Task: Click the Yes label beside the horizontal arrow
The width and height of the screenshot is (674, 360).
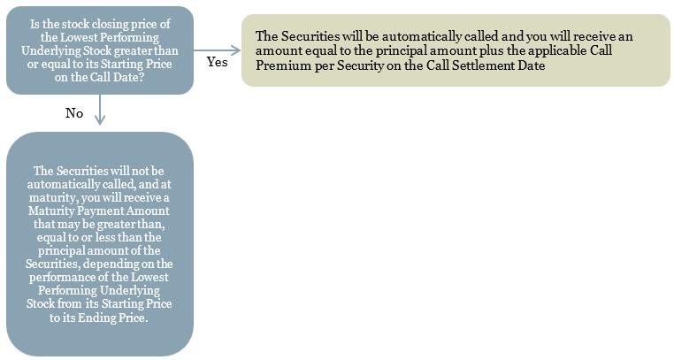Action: pos(217,62)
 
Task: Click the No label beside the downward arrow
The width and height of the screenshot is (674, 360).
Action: pos(74,113)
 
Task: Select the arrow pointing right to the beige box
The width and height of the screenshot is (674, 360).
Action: pos(217,50)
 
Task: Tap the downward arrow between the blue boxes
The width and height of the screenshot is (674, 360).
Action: pos(100,110)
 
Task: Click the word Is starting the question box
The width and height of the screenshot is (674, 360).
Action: pos(34,24)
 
